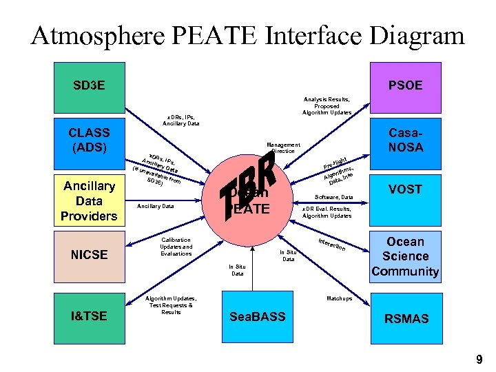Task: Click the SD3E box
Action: click(90, 87)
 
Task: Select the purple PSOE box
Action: click(405, 87)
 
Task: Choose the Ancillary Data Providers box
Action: click(90, 200)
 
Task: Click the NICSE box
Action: click(90, 254)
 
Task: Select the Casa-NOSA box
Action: click(405, 139)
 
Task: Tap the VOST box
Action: click(405, 189)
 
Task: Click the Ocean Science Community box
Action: click(405, 256)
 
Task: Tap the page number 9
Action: click(479, 359)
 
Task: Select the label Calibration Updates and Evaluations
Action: click(176, 247)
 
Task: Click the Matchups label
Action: click(338, 298)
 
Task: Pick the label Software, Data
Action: click(334, 197)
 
